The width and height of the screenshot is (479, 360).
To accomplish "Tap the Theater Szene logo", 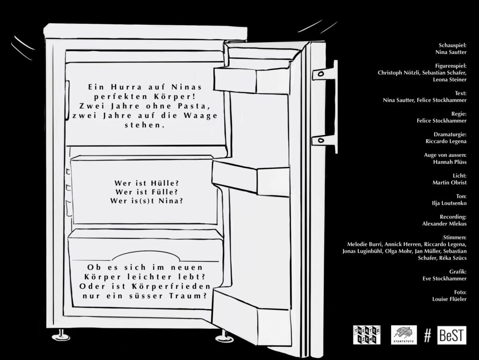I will tap(367, 335).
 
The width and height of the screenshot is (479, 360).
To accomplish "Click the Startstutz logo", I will tap(403, 335).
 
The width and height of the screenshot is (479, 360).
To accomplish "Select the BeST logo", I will tap(451, 335).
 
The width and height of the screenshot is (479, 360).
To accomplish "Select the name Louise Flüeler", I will tap(450, 299).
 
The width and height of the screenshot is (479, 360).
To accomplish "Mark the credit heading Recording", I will tap(453, 217).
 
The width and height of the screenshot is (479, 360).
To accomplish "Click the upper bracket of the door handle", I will tap(325, 73).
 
